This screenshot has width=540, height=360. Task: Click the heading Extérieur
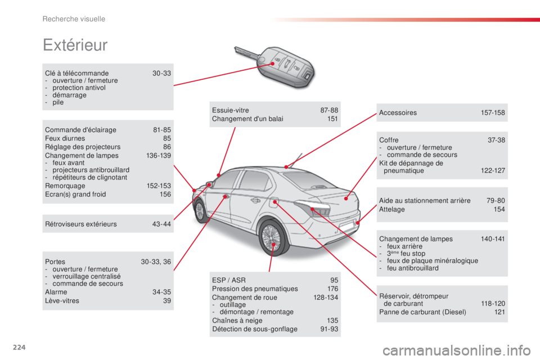tap(75, 45)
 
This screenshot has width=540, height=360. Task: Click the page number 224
tap(19, 347)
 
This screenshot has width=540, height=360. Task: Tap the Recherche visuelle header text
tap(74, 19)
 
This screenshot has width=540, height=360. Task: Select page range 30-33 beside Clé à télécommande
tap(161, 73)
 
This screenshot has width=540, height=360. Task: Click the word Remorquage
tap(65, 186)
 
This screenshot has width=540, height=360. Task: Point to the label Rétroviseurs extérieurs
tap(81, 224)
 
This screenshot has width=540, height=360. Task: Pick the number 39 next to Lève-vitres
tap(167, 301)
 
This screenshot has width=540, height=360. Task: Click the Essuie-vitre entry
tap(231, 110)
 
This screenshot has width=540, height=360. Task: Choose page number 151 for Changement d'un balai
tap(332, 119)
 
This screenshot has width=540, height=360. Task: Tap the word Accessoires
tap(398, 112)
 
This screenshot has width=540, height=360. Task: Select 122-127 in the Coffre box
tap(493, 170)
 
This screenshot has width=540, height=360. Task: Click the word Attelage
tap(392, 209)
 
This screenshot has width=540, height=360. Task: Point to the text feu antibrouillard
tap(412, 268)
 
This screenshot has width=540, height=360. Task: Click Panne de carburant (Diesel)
tap(422, 312)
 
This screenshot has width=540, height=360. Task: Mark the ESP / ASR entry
tap(229, 280)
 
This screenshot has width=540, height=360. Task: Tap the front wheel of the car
tap(200, 211)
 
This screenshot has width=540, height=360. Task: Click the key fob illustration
tap(276, 65)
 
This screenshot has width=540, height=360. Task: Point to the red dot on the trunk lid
tap(346, 199)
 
